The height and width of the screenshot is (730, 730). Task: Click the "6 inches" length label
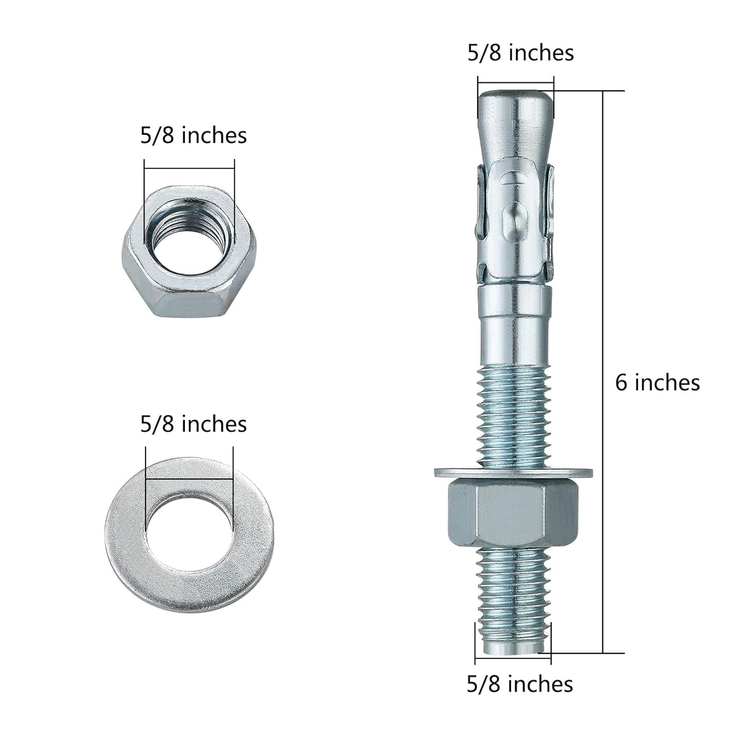click(657, 382)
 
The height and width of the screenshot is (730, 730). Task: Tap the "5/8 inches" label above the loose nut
click(193, 136)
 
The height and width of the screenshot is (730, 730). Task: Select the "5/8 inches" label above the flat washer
click(193, 424)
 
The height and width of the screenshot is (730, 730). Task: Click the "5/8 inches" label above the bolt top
click(520, 53)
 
